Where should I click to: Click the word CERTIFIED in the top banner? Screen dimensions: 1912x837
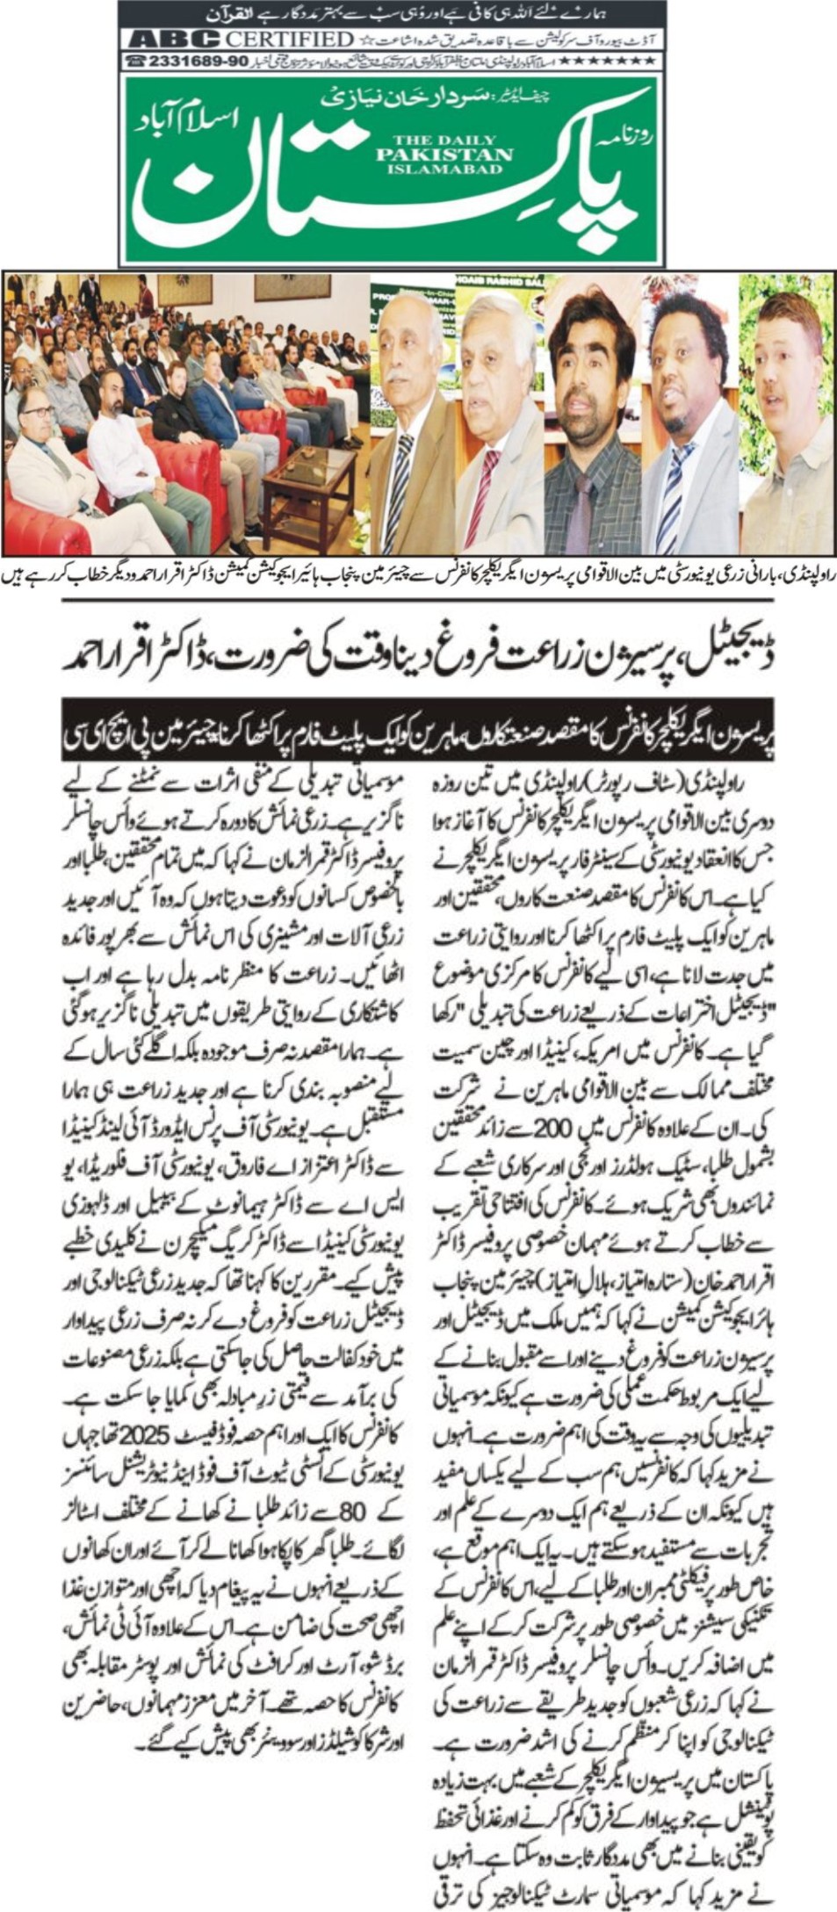(x=289, y=39)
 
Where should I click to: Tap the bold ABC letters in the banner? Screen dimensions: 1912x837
(x=174, y=39)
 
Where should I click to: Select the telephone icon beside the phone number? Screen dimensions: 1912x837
(x=135, y=61)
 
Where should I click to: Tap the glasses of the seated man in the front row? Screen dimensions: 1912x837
(x=38, y=412)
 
